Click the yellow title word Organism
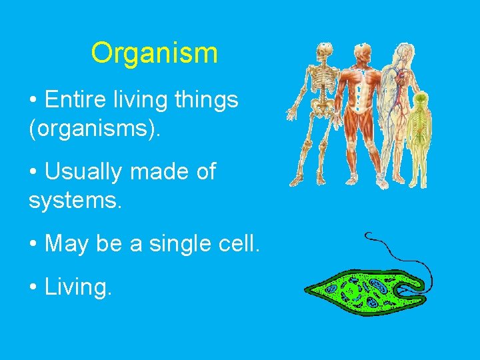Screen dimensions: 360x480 pyautogui.click(x=154, y=53)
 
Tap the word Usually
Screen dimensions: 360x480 pyautogui.click(x=83, y=171)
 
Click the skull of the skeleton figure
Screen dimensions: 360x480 pyautogui.click(x=324, y=51)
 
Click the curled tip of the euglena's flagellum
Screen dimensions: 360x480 pyautogui.click(x=369, y=235)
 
